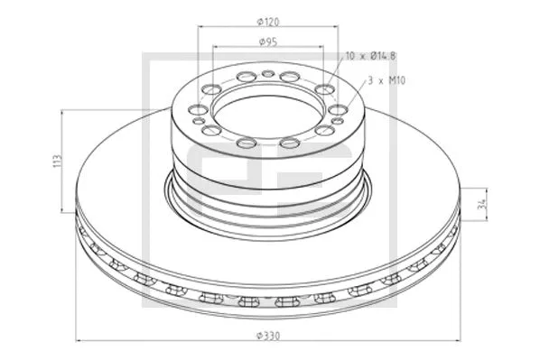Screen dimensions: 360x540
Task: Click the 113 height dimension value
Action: coord(56,161)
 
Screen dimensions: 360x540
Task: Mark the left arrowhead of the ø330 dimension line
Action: coord(76,340)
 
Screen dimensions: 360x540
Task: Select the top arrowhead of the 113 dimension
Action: coord(62,113)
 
